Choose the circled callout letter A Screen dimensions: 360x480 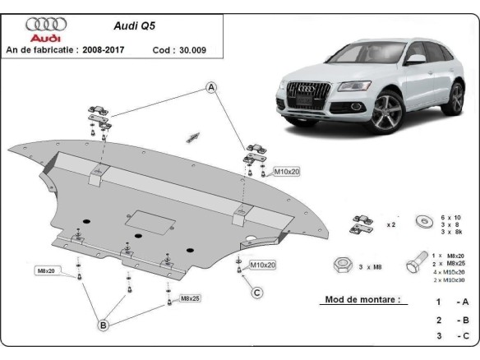[x=211, y=87]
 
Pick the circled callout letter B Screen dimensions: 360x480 [x=104, y=326]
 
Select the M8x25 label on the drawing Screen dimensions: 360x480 [x=191, y=298]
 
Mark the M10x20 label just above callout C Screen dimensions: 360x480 [x=262, y=265]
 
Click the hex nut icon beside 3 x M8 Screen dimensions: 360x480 [x=340, y=265]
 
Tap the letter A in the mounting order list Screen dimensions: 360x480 [x=466, y=302]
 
